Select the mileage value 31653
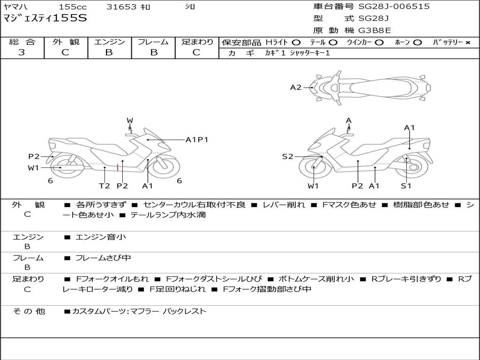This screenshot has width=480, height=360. click(x=121, y=7)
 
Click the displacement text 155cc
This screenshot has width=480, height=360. click(x=73, y=7)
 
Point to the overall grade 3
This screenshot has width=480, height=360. click(x=22, y=52)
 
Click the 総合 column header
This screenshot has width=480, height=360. click(x=22, y=42)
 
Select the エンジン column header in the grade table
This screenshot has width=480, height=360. click(x=109, y=42)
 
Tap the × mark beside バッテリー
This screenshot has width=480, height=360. click(x=467, y=42)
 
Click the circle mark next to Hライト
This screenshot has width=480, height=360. click(x=296, y=42)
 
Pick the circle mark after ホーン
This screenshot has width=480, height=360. click(x=418, y=42)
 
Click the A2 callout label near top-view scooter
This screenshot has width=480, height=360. click(x=296, y=87)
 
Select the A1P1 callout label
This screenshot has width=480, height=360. click(x=197, y=139)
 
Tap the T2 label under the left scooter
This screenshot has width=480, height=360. click(x=104, y=186)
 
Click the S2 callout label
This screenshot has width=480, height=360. click(x=287, y=157)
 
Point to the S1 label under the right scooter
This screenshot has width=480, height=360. click(x=406, y=186)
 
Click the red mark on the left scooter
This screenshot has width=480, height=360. click(x=117, y=167)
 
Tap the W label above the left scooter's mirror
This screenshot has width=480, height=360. click(x=130, y=121)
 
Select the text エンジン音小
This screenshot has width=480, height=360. click(x=101, y=237)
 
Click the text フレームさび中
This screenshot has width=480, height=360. click(x=103, y=258)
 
